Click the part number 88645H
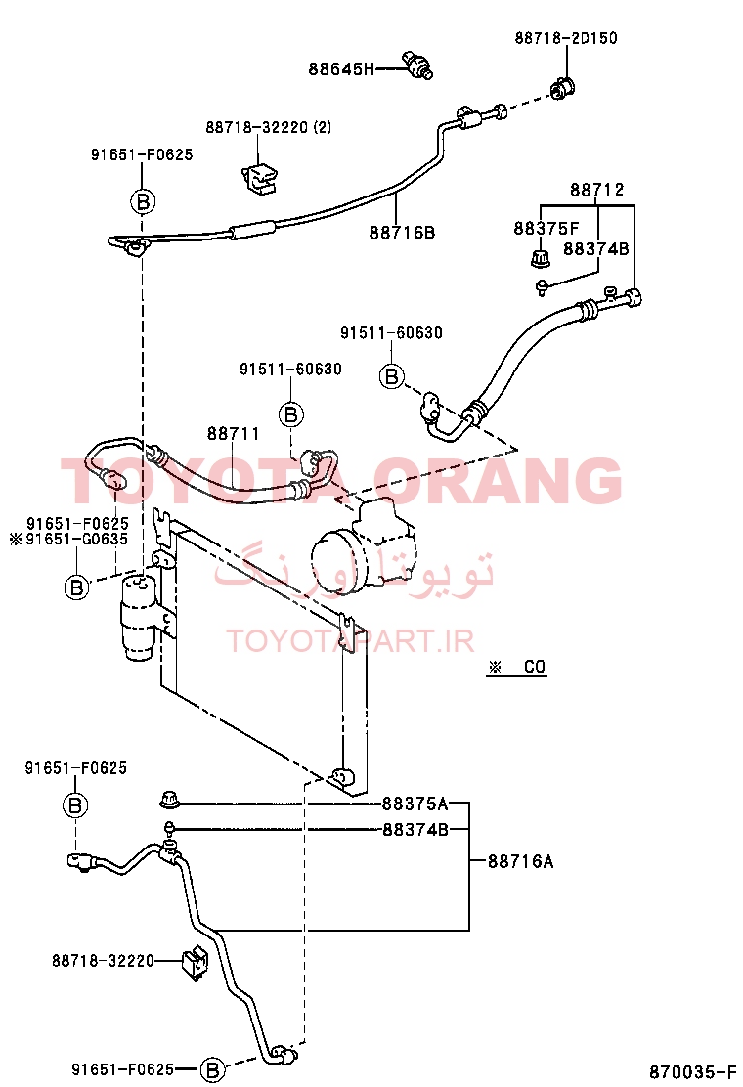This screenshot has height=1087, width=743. click(x=341, y=68)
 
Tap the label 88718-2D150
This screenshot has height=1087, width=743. click(x=566, y=37)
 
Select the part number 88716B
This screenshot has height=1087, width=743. click(x=402, y=233)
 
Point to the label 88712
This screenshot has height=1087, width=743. click(x=596, y=190)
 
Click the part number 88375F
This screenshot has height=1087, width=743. click(x=546, y=228)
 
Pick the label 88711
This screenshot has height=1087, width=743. click(x=234, y=433)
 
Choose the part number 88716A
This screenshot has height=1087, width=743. click(x=520, y=861)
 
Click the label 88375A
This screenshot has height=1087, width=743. click(x=415, y=804)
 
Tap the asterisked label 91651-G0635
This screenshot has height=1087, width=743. click(x=69, y=539)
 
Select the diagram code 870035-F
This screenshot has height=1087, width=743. click(x=692, y=1071)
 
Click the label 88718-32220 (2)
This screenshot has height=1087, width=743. click(x=268, y=127)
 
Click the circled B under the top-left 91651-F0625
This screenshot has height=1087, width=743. click(x=143, y=201)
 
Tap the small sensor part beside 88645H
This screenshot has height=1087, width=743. click(x=418, y=65)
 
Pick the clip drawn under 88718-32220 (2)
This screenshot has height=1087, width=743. click(x=259, y=178)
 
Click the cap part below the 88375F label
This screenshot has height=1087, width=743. click(x=540, y=259)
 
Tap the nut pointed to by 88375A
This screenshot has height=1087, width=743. click(x=168, y=801)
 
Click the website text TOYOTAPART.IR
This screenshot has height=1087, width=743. click(x=350, y=641)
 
